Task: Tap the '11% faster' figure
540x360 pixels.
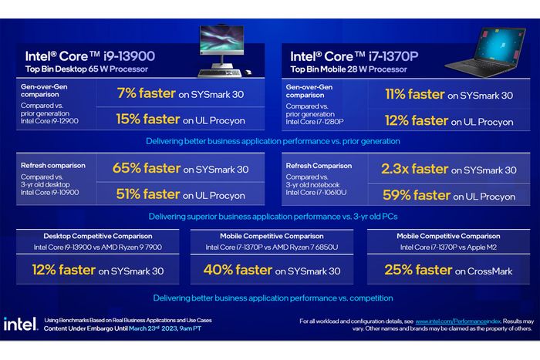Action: [415, 95]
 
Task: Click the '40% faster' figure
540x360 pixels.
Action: [238, 271]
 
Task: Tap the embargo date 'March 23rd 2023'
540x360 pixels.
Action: [155, 329]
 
